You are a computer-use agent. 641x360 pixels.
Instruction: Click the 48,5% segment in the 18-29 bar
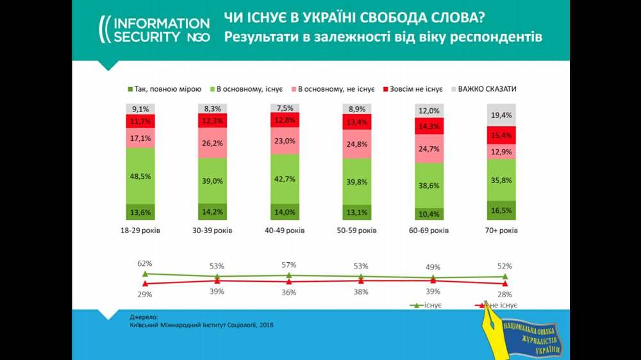pyautogui.click(x=140, y=176)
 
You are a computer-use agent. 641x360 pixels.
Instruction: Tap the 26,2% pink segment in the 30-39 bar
pyautogui.click(x=212, y=143)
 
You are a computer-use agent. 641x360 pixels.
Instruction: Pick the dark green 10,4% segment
pyautogui.click(x=429, y=213)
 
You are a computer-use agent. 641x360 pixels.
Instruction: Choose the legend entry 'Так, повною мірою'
pyautogui.click(x=165, y=89)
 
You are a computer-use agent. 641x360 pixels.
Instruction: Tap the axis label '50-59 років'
pyautogui.click(x=356, y=231)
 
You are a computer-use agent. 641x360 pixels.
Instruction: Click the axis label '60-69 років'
pyautogui.click(x=429, y=231)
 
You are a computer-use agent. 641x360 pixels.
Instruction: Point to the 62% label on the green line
pyautogui.click(x=144, y=263)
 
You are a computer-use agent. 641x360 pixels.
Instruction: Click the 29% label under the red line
pyautogui.click(x=144, y=294)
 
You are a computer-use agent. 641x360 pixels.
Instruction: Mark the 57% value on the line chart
pyautogui.click(x=288, y=265)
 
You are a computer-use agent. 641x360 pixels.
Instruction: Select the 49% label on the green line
pyautogui.click(x=433, y=267)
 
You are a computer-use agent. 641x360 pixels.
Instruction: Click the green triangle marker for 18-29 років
pyautogui.click(x=145, y=274)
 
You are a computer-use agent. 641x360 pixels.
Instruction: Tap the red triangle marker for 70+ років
pyautogui.click(x=506, y=283)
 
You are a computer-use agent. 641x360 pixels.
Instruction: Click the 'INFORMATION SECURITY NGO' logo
pyautogui.click(x=154, y=29)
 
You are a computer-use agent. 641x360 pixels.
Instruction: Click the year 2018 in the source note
pyautogui.click(x=264, y=325)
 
